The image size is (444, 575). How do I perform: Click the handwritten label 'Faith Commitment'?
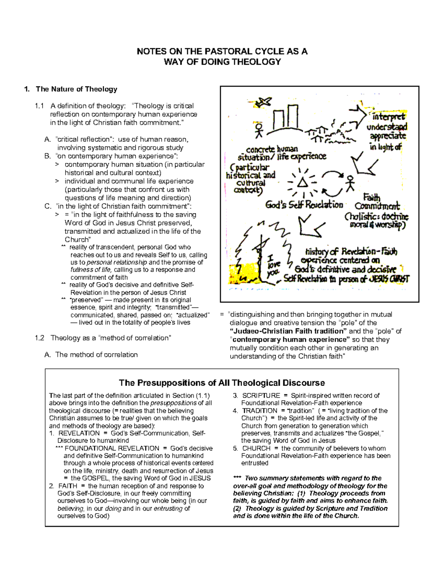[x=376, y=202]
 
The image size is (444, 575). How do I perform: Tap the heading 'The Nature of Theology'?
[x=76, y=89]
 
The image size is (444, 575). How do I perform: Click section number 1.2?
[x=40, y=338]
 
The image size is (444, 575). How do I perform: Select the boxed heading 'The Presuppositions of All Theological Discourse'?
[x=222, y=383]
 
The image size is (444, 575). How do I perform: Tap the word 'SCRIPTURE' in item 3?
[x=261, y=395]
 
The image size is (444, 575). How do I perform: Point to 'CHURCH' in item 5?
[x=256, y=448]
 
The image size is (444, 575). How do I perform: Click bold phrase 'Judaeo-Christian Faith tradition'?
[x=288, y=331]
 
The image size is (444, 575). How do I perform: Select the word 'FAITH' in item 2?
[x=68, y=486]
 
